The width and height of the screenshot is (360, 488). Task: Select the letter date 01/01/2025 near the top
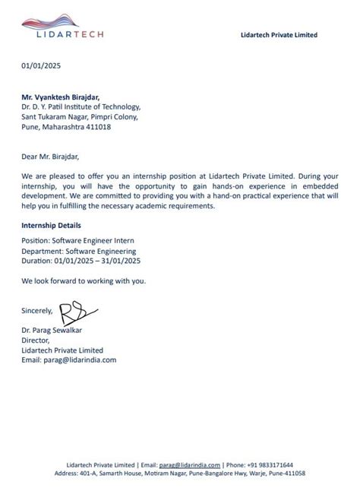pos(41,65)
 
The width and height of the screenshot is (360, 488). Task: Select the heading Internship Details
pos(52,226)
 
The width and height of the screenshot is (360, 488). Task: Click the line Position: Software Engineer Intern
pos(78,240)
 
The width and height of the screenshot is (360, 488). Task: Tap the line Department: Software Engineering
pos(79,250)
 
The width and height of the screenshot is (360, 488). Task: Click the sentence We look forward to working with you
pos(83,280)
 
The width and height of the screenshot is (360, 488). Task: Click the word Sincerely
pos(37,310)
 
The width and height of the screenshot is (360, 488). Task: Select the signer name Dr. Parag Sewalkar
pos(55,331)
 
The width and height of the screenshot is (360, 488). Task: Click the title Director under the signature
pos(36,341)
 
